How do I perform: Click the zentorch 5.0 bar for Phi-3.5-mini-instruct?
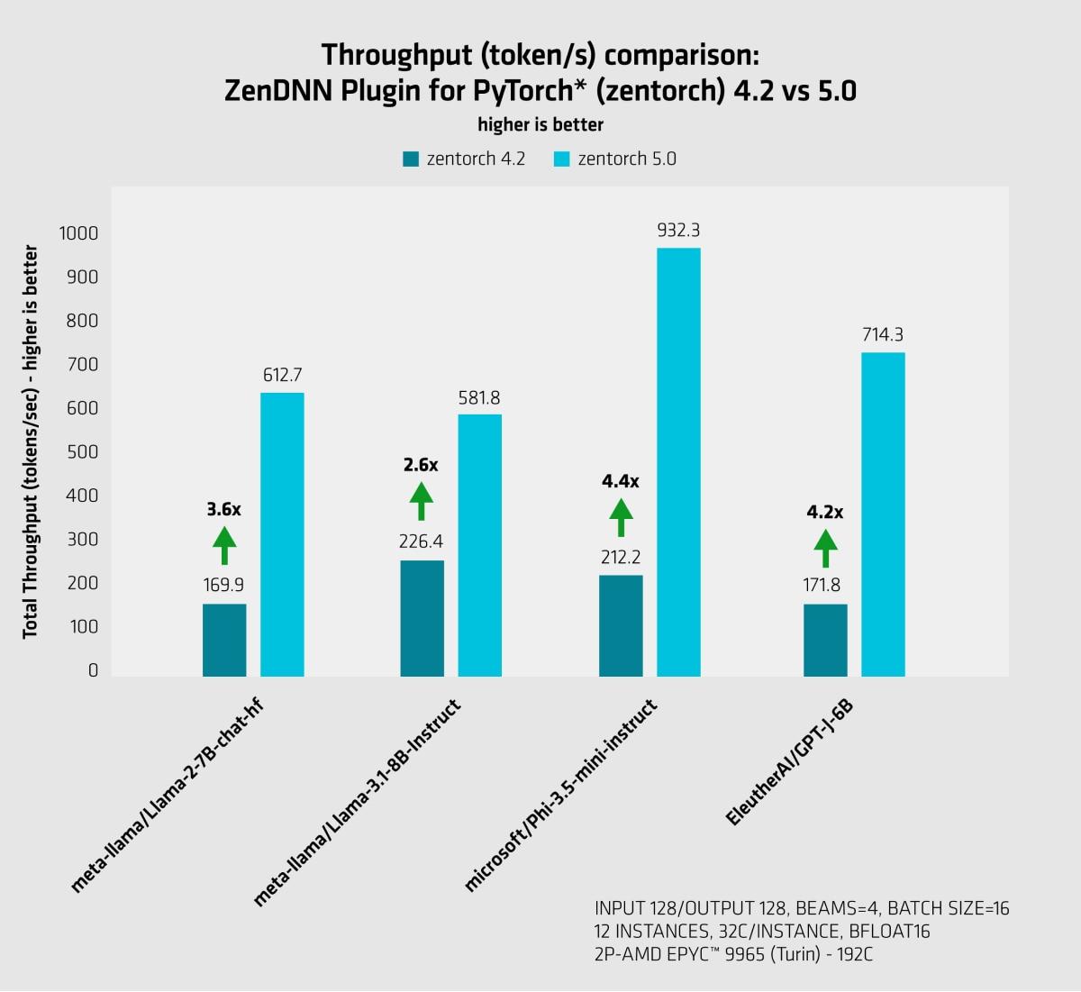coord(678,461)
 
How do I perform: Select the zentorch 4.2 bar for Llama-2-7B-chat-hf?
coord(224,640)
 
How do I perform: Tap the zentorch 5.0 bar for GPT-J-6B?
coord(883,514)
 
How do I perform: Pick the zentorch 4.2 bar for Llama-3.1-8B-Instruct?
coord(422,618)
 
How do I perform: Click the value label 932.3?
coord(678,231)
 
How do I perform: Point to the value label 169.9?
coord(223,585)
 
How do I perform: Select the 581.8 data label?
coord(479,397)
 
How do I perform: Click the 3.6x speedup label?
coord(223,509)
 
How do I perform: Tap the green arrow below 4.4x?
coord(621,517)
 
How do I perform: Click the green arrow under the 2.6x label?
coord(421,501)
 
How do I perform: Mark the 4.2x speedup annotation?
coord(824,512)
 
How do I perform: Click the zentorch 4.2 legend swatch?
coord(411,159)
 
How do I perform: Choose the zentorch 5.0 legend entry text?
coord(627,159)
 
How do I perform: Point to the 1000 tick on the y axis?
coord(78,233)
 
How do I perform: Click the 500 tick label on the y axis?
coord(82,452)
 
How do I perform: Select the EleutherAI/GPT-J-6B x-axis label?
coord(789,762)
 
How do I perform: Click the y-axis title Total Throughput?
coord(31,441)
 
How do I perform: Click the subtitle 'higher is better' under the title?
coord(540,124)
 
